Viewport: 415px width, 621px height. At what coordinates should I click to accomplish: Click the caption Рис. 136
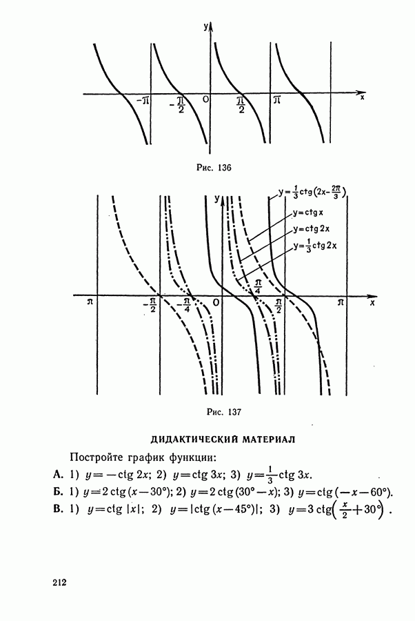(214, 168)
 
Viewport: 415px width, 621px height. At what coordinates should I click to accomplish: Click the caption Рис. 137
(224, 413)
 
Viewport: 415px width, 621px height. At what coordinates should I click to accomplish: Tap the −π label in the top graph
(143, 101)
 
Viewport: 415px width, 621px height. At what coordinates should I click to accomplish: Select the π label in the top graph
(277, 100)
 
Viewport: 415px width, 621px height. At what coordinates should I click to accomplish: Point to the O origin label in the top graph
(205, 99)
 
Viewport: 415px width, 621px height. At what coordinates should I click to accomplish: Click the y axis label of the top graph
(206, 26)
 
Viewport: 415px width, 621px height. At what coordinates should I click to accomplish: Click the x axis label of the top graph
(362, 97)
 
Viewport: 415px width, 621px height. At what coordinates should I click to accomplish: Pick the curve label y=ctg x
(308, 213)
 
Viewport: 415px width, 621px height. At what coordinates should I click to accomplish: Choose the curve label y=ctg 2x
(312, 229)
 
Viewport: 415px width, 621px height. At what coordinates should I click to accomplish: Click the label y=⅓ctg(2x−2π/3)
(312, 193)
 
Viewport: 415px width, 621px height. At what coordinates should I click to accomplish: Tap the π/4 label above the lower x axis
(258, 286)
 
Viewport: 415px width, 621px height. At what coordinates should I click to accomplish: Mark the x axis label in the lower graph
(372, 303)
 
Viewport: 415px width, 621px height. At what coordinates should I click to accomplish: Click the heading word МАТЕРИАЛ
(269, 440)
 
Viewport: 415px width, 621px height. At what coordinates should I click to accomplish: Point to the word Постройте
(96, 457)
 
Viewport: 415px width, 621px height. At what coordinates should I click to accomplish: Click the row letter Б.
(58, 492)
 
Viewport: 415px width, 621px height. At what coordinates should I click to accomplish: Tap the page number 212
(59, 582)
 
